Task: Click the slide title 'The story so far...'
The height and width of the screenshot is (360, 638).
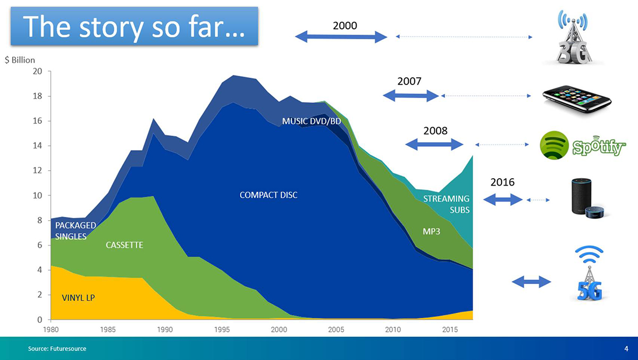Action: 134,27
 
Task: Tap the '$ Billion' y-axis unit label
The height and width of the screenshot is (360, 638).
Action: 20,60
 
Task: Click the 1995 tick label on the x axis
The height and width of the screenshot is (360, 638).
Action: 222,330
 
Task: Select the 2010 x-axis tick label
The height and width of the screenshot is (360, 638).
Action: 393,330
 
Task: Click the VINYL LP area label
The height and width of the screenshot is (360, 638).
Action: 78,298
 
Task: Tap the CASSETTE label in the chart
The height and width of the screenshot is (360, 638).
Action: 124,245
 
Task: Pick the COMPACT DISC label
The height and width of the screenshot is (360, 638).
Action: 268,195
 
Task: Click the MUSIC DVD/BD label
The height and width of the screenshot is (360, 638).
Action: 312,121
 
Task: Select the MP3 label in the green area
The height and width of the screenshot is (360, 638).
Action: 432,231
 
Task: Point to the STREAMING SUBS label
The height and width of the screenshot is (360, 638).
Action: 446,204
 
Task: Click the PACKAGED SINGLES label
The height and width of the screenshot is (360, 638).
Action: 75,231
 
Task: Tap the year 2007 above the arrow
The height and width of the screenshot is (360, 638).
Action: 409,81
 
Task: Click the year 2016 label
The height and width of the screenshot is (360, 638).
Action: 502,182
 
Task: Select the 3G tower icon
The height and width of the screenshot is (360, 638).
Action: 573,37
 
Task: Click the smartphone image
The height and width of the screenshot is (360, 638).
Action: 577,99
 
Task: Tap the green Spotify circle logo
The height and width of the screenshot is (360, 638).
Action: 554,145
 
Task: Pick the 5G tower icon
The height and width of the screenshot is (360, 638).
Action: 589,273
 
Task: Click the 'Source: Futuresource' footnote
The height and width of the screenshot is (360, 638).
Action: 57,349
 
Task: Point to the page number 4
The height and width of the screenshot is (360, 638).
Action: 626,349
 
